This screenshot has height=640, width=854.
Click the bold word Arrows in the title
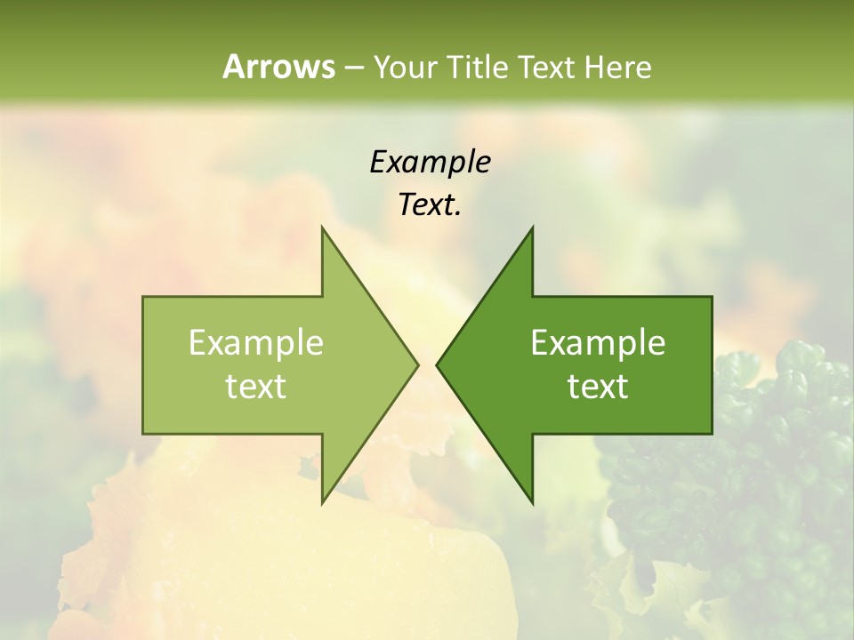coord(278,67)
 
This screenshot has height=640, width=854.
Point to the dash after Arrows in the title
coord(353,68)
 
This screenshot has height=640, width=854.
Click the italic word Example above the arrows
coord(430,162)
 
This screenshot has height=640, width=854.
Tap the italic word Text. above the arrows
coord(430,204)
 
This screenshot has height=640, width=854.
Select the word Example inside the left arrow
coord(256,342)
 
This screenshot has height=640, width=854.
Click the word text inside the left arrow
coord(256,386)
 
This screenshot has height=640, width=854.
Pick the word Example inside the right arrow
coord(598,342)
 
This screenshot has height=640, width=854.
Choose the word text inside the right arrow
coord(598,386)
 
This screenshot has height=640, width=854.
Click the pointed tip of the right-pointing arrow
coord(418,364)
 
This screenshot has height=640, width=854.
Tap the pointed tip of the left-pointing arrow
coord(437,364)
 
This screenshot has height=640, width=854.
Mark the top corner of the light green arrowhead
coord(322,228)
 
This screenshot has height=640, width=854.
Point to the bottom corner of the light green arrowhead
coord(322,503)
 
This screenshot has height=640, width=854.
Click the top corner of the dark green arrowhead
coord(532,228)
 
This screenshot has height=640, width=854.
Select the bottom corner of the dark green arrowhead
coord(532,503)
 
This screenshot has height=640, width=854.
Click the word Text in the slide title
coord(545,67)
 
